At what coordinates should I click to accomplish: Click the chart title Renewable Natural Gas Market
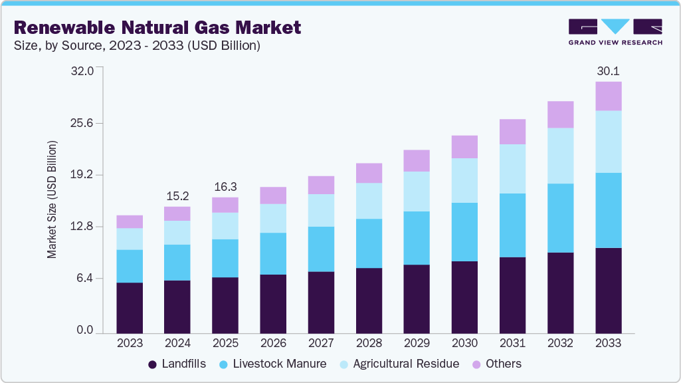click(157, 27)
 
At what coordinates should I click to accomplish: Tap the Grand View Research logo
click(615, 31)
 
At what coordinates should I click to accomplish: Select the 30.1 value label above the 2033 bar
click(608, 71)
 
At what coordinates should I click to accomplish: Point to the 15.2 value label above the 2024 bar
click(177, 196)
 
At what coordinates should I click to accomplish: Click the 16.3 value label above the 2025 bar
click(225, 187)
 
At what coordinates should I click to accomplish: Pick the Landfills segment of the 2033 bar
click(608, 290)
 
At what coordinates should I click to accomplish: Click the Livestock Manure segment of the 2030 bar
click(464, 232)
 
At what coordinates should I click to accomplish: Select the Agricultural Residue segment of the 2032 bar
click(560, 156)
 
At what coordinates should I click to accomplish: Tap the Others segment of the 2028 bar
click(369, 173)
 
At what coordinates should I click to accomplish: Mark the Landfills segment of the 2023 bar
click(130, 307)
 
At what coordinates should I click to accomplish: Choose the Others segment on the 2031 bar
click(512, 132)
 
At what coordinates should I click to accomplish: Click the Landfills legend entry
click(176, 364)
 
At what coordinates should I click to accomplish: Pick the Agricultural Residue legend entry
click(399, 364)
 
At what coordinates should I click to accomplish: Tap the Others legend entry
click(496, 364)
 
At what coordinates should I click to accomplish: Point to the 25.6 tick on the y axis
click(90, 123)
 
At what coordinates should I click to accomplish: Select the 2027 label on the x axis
click(321, 344)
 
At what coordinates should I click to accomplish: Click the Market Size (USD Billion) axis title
click(52, 200)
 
